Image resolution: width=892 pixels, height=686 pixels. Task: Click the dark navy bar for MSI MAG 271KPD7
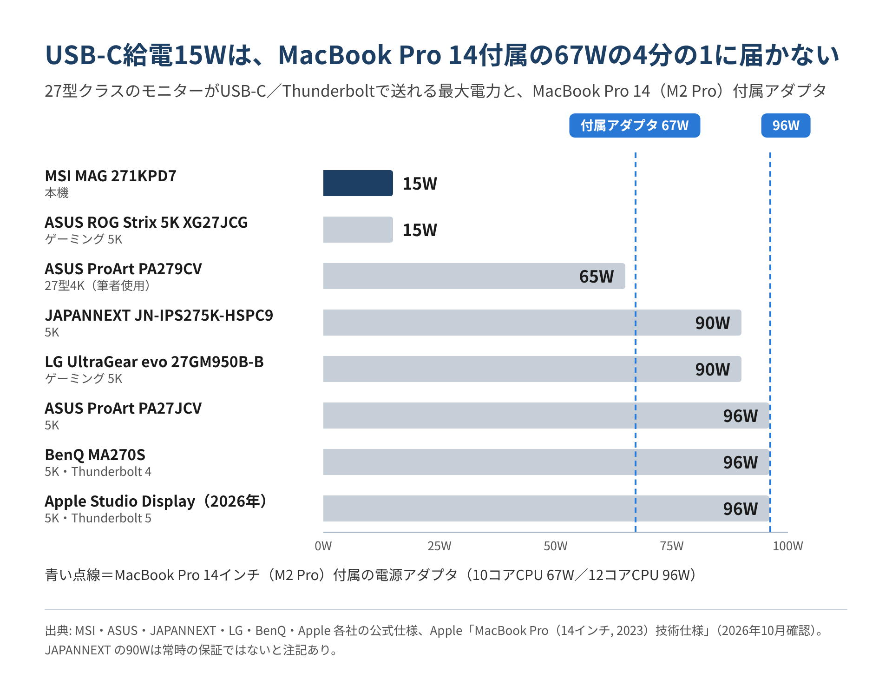358,183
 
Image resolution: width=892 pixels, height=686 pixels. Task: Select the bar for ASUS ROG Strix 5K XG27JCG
358,230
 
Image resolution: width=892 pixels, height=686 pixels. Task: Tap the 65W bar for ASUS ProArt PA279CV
474,276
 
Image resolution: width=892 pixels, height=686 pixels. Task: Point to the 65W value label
596,277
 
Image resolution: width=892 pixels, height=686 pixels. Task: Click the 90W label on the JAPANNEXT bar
712,323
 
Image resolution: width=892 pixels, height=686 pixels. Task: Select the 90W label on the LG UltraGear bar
712,369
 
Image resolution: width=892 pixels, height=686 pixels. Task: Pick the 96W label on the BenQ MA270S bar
740,462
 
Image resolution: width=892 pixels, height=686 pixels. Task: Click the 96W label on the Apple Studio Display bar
740,509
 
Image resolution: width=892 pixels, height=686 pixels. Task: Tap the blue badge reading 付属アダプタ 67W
635,125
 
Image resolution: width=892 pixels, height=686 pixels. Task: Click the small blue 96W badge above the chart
786,125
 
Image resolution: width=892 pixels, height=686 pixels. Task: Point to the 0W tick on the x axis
323,546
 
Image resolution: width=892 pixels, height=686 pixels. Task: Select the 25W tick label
439,546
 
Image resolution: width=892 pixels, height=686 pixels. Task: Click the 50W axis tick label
556,546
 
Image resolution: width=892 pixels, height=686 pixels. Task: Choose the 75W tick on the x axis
672,546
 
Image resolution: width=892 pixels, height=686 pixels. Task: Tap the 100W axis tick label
788,546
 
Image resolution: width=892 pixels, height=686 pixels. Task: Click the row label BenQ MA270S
95,455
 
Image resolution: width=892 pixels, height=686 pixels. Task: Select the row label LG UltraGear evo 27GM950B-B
154,362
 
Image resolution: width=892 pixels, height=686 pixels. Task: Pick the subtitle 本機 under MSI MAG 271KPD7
57,193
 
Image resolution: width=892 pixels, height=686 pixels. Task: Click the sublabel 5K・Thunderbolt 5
98,518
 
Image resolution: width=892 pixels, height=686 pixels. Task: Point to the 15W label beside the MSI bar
420,184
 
